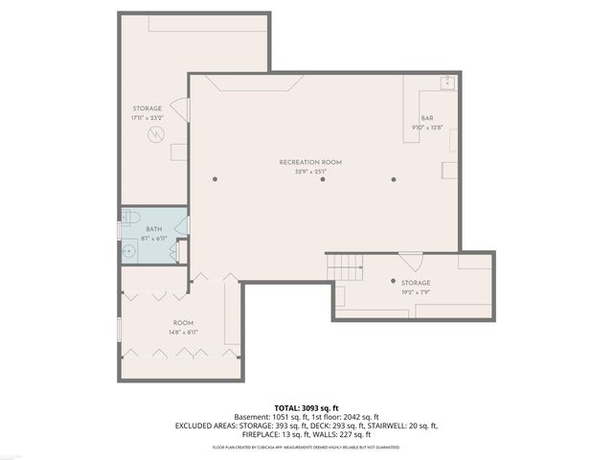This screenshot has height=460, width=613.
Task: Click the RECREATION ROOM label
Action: tap(310, 162)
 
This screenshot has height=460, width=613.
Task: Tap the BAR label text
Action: tap(427, 118)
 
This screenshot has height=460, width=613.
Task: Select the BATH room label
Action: tap(153, 229)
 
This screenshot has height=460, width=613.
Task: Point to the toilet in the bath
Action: tap(132, 218)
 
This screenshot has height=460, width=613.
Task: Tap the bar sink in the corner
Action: tap(447, 82)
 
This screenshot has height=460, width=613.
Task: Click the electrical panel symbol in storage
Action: tap(153, 136)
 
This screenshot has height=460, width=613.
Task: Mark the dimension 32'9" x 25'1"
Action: tap(310, 172)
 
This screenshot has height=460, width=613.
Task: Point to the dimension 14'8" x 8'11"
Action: tap(184, 332)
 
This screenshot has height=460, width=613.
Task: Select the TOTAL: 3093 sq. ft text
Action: tap(306, 408)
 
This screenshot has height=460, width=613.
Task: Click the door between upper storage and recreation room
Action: tap(188, 108)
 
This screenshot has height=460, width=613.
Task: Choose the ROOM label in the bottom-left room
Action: tap(184, 322)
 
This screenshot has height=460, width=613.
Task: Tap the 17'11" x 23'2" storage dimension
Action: tap(148, 118)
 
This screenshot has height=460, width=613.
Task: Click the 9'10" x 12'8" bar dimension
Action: tap(427, 126)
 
